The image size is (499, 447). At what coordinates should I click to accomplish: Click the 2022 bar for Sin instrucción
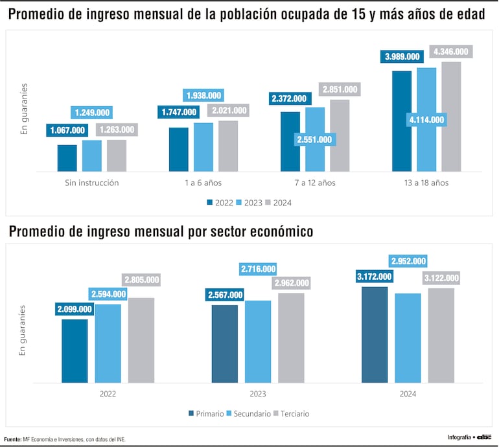(x=67, y=158)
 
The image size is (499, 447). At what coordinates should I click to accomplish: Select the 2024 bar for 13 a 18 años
(x=451, y=117)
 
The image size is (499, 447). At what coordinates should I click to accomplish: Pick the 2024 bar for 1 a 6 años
(x=228, y=146)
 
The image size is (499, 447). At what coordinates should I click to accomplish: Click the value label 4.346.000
(x=451, y=51)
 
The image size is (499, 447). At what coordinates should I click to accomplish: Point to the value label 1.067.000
(x=67, y=130)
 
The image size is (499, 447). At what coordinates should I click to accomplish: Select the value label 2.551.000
(x=315, y=139)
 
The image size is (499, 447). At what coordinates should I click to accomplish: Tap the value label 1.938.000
(x=203, y=95)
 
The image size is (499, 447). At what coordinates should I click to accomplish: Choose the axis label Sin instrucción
(x=92, y=183)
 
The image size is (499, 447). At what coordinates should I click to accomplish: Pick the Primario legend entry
(x=206, y=413)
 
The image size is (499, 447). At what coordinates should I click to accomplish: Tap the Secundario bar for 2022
(x=108, y=343)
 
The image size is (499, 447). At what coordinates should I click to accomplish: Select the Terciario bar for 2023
(x=291, y=338)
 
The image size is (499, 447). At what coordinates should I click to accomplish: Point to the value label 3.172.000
(x=375, y=277)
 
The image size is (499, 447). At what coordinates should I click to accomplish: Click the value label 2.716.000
(x=258, y=269)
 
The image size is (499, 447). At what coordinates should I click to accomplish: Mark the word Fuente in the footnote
(x=12, y=439)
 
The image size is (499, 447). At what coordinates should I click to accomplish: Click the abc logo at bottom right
(x=485, y=437)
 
